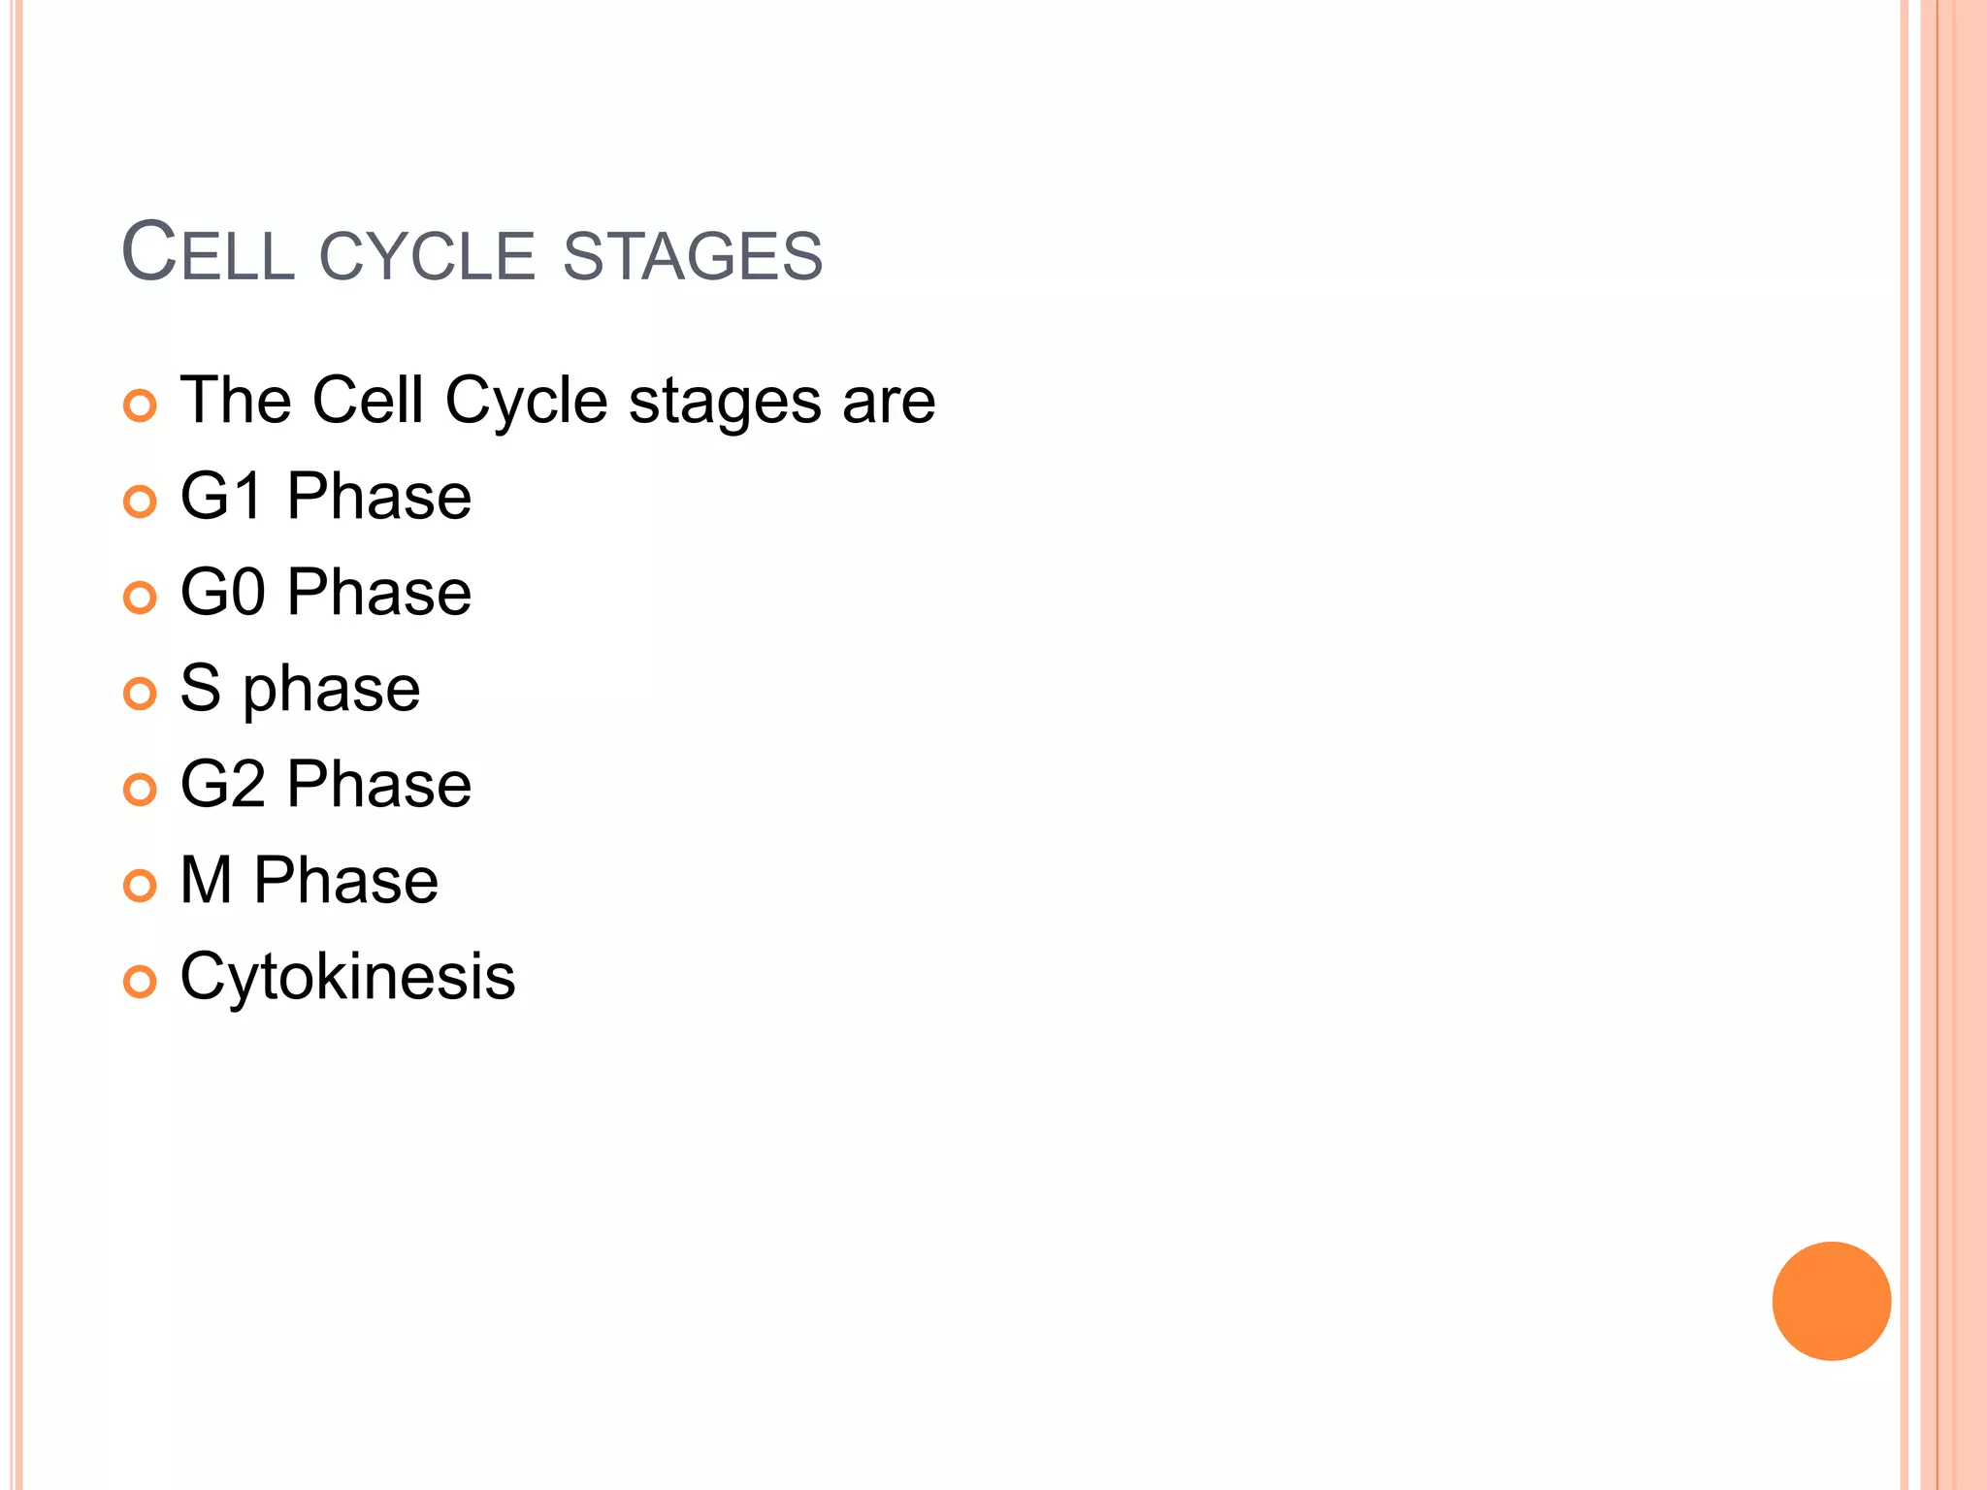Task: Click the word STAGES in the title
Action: click(x=692, y=256)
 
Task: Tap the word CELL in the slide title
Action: click(x=208, y=254)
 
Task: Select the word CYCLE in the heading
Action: click(x=427, y=256)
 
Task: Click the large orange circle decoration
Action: click(x=1831, y=1301)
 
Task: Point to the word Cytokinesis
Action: click(x=347, y=977)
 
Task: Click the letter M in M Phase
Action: click(x=206, y=880)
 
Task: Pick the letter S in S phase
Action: click(x=200, y=688)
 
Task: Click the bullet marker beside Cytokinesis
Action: click(x=140, y=982)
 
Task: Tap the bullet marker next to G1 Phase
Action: click(x=140, y=502)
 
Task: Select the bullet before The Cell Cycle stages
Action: click(x=140, y=405)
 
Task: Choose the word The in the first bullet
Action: click(x=236, y=400)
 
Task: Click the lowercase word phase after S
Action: click(x=331, y=692)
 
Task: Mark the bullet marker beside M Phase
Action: click(x=140, y=886)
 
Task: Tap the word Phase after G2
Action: click(x=379, y=784)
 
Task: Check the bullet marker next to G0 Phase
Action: click(x=140, y=598)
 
